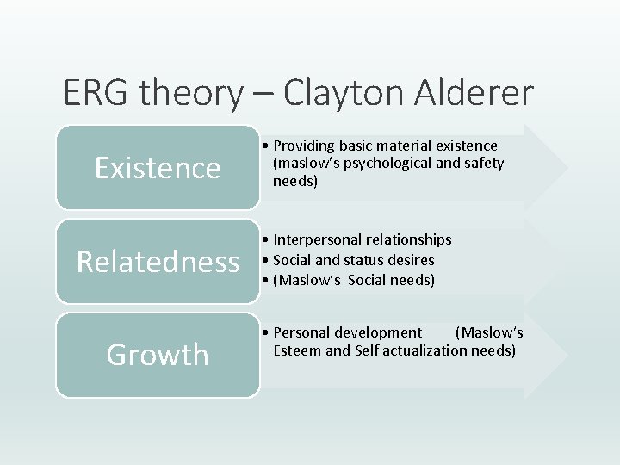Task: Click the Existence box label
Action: [x=158, y=168]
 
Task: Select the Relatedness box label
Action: [x=158, y=261]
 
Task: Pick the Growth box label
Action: [x=158, y=354]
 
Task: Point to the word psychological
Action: [x=391, y=163]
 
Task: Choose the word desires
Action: [x=412, y=259]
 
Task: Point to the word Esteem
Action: [x=298, y=350]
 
